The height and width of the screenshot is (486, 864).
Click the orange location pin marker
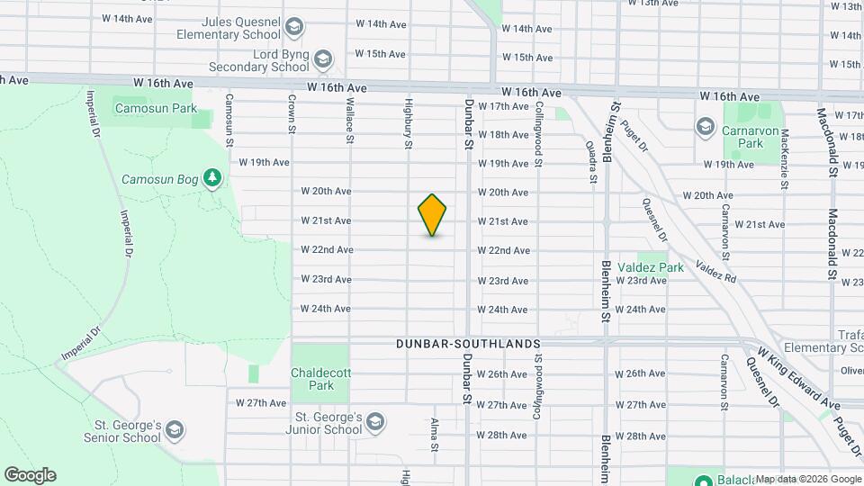[433, 215]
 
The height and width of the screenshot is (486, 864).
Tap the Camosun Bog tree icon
[212, 178]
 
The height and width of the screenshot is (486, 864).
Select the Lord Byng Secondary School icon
[323, 59]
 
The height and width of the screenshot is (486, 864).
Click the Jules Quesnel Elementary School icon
[293, 30]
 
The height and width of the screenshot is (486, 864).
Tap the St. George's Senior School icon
[175, 430]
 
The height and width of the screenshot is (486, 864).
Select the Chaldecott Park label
[312, 379]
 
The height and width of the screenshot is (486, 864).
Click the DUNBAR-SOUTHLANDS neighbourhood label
[468, 344]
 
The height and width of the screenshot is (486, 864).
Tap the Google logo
[30, 474]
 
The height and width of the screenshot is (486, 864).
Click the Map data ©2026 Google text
[807, 479]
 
